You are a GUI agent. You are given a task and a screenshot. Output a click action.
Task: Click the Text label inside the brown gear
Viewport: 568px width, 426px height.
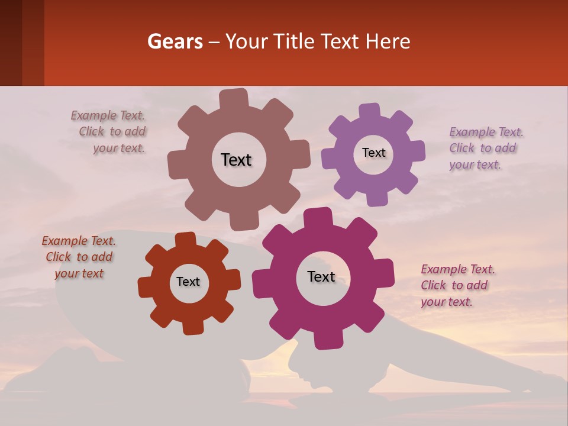pos(236,160)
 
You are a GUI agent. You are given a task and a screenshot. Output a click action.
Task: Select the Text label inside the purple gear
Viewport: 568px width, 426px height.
pos(373,153)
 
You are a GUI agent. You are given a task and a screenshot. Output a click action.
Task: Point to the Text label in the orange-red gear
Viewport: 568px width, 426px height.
pos(188,282)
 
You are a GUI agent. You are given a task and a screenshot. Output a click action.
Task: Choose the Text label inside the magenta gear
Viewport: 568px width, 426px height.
pos(321,276)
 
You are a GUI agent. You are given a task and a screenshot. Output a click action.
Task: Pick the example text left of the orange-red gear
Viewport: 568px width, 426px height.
pos(79,257)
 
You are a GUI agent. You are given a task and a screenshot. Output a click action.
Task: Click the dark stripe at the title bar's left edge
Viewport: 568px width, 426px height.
pos(11,43)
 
